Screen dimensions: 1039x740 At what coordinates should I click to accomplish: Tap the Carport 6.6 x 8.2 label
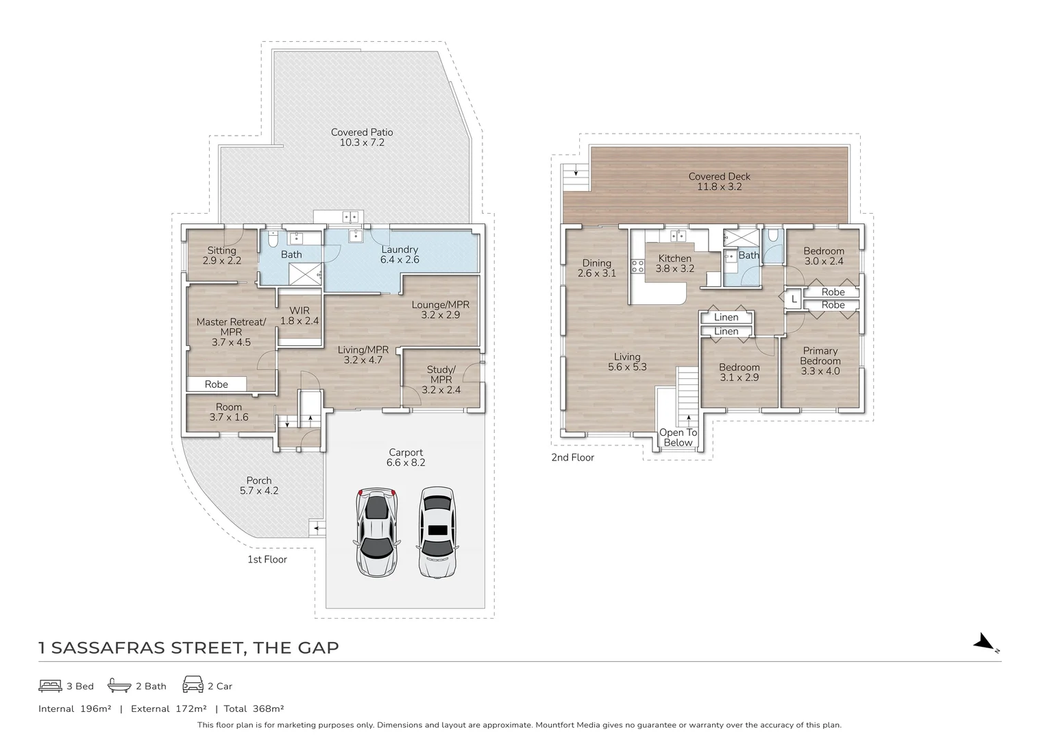tap(406, 457)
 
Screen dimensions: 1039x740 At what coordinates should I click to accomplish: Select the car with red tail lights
tap(377, 532)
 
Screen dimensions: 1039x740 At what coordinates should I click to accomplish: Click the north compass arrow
tap(985, 642)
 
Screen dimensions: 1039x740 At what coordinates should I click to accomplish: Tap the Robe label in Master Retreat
tap(216, 384)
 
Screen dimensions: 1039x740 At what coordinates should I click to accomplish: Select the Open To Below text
tap(678, 437)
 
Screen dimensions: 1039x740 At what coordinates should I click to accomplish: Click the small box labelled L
tap(794, 299)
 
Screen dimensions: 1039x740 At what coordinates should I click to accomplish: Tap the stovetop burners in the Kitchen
tap(638, 266)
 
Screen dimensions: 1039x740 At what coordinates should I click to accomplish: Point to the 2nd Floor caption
tap(572, 457)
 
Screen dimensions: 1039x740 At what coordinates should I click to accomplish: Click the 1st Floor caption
tap(267, 559)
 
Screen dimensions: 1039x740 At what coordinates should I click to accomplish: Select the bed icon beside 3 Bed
tap(50, 686)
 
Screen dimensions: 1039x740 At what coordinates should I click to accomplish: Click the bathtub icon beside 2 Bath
tap(119, 684)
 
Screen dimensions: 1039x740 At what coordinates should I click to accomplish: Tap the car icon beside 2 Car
tap(193, 684)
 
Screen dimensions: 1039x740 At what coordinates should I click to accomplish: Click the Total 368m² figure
tap(254, 708)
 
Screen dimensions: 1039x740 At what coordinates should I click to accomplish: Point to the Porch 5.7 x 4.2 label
tap(259, 485)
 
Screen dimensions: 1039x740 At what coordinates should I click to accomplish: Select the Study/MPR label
tap(441, 380)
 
